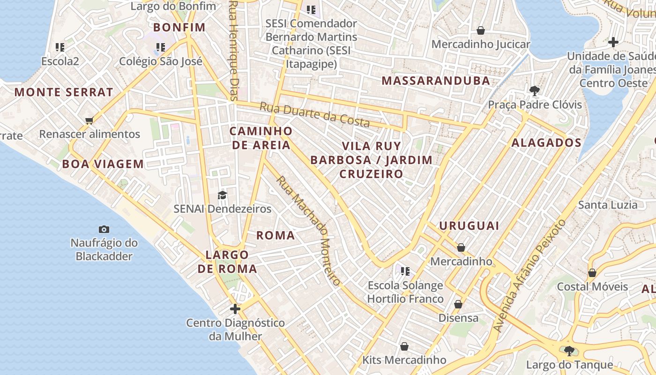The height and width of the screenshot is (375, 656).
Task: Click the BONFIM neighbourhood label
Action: tap(179, 27)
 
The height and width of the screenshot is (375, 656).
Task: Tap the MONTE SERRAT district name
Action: tap(64, 92)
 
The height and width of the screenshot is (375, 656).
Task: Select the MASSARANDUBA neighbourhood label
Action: tap(436, 81)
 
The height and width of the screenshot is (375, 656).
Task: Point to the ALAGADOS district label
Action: tap(546, 143)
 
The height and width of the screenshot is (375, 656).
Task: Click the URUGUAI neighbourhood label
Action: tap(469, 226)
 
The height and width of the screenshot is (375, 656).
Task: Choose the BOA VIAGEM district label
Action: tap(103, 164)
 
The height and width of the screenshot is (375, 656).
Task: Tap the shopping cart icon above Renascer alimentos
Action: tap(89, 120)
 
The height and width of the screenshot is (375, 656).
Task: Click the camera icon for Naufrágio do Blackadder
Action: tap(104, 229)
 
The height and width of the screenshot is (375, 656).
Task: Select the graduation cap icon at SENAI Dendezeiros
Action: tap(222, 195)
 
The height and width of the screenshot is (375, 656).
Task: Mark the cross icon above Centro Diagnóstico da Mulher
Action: tap(235, 309)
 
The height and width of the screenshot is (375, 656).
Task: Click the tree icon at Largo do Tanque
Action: tap(569, 351)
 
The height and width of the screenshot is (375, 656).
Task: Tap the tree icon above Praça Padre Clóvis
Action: tap(534, 90)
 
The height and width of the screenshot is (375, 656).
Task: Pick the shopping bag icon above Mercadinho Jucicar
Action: tap(481, 30)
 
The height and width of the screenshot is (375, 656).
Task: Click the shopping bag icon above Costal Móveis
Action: tap(592, 272)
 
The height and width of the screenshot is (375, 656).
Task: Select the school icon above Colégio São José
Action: tap(161, 47)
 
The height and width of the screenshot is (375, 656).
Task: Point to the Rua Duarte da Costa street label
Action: tap(315, 114)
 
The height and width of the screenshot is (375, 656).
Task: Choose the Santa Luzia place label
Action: tap(608, 205)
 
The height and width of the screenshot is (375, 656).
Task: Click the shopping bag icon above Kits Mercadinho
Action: tap(404, 346)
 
